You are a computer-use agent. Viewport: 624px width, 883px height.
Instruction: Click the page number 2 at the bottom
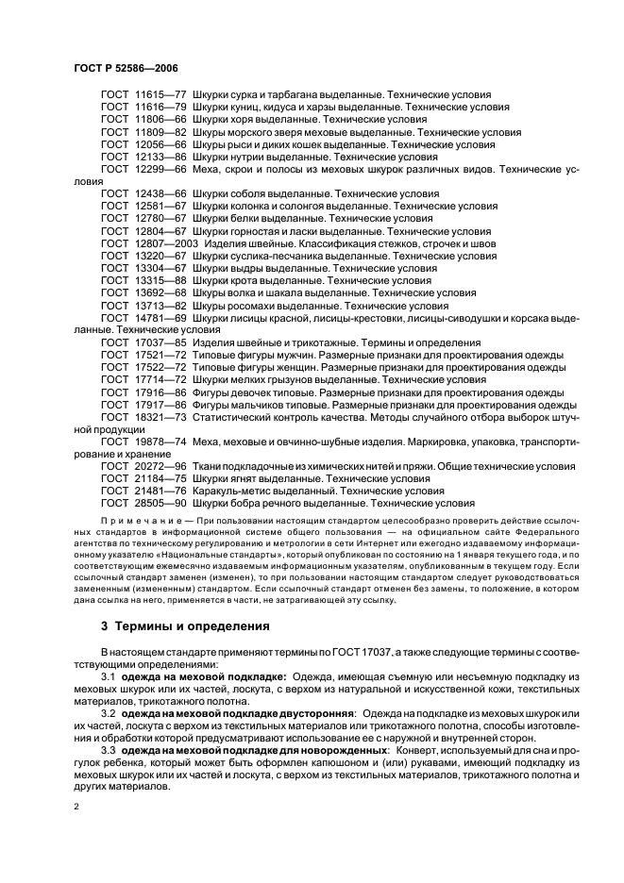click(76, 808)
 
